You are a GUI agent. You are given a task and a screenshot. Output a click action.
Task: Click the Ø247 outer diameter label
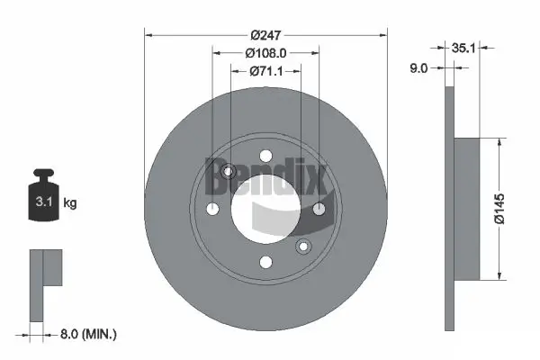pos(265,34)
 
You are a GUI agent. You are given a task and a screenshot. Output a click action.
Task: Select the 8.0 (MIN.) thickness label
pos(87,335)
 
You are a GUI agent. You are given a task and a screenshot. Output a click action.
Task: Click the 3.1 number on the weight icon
pos(43,202)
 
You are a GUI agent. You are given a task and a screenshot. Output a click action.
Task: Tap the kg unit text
pos(70,203)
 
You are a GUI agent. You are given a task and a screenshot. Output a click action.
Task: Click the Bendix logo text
pos(265,175)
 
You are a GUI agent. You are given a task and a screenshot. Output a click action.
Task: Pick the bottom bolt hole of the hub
pos(265,262)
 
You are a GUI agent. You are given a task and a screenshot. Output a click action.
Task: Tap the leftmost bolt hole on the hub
pos(212,210)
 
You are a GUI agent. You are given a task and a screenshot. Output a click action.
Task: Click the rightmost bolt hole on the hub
pos(319,210)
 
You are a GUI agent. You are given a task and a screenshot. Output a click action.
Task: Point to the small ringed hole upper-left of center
pos(228,172)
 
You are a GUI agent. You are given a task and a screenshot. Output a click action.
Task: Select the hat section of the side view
pos(468,209)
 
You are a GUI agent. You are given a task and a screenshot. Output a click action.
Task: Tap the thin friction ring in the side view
pos(450,209)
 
